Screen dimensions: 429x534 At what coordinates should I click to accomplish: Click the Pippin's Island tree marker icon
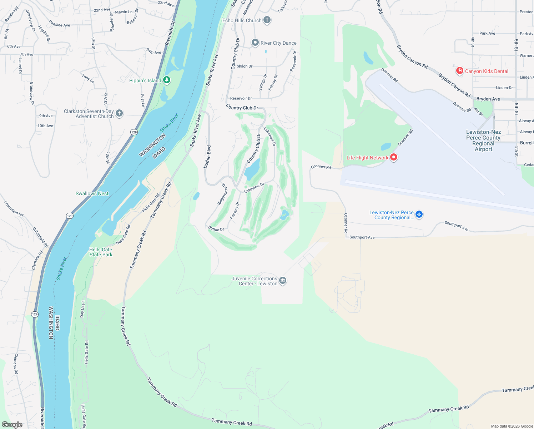(167, 80)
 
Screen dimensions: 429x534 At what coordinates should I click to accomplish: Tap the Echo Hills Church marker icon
(267, 20)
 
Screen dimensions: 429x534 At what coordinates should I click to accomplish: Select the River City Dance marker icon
(255, 43)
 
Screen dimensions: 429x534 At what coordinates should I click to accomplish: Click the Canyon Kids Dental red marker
(460, 71)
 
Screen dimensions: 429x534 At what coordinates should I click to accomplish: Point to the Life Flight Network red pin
(394, 157)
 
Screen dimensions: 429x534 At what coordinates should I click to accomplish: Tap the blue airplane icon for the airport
(419, 214)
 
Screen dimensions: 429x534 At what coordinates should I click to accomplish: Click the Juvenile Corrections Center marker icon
(283, 281)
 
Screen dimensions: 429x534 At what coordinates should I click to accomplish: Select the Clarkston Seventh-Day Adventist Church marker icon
(119, 113)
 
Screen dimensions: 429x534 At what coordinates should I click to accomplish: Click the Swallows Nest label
(92, 193)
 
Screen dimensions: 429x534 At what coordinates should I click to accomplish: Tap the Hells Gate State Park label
(101, 252)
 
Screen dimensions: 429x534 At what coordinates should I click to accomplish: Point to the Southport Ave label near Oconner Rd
(362, 237)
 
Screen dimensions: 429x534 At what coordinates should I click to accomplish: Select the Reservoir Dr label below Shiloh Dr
(241, 98)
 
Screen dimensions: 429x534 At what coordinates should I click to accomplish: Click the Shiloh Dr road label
(245, 66)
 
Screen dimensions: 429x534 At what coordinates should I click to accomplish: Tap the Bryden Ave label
(488, 99)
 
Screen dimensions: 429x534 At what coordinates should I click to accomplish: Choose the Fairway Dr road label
(235, 211)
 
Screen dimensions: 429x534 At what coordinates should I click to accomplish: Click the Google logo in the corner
(12, 424)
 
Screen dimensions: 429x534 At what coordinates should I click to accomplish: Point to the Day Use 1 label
(82, 309)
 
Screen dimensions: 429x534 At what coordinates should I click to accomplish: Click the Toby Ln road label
(88, 78)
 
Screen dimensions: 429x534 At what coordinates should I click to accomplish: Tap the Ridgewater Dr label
(222, 194)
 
